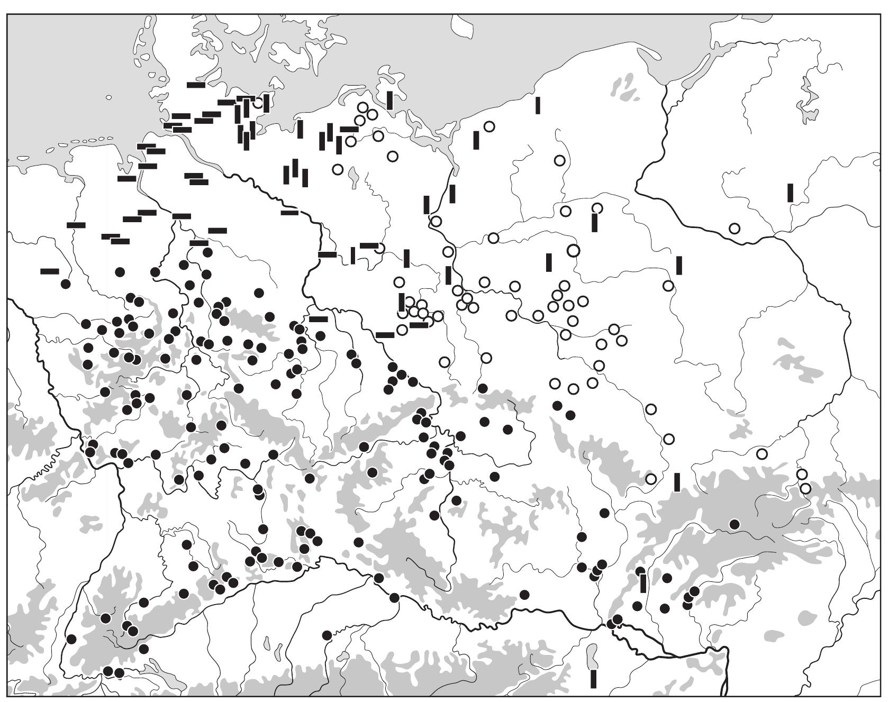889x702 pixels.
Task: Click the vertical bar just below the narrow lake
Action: point(594,679)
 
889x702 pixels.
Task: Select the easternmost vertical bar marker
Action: point(790,193)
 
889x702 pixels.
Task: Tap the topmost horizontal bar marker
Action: point(196,85)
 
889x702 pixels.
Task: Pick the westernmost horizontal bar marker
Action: point(50,271)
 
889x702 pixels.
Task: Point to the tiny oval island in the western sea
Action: point(108,97)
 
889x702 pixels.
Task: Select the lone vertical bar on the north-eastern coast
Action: point(538,105)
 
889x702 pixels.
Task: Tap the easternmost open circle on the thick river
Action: point(734,229)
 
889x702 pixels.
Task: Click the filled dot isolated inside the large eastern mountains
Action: point(734,524)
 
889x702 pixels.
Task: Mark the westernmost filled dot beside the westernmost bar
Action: point(66,284)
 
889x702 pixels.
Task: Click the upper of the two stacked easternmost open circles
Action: point(802,474)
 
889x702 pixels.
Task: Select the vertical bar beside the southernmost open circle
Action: point(677,482)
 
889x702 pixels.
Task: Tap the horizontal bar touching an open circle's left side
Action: point(369,245)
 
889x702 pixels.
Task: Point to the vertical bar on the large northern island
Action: point(390,100)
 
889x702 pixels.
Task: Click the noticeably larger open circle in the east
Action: point(574,250)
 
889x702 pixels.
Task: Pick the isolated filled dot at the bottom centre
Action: point(327,635)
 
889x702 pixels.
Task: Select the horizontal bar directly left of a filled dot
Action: point(199,243)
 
